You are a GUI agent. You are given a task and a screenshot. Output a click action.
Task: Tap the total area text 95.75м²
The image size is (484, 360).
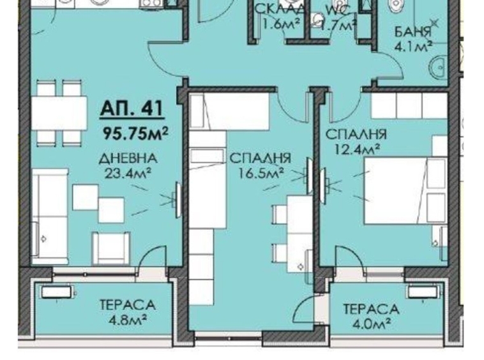tap(135, 133)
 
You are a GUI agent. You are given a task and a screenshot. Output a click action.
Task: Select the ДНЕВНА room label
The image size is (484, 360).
tap(128, 158)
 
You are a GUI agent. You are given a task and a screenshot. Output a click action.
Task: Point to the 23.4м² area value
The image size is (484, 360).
tap(128, 173)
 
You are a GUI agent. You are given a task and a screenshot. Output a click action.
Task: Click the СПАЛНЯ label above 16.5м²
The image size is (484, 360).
tap(261, 158)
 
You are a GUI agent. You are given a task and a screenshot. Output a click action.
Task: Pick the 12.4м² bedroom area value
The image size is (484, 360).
tap(357, 149)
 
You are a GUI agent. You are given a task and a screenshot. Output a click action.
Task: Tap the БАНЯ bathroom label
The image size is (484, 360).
tap(412, 32)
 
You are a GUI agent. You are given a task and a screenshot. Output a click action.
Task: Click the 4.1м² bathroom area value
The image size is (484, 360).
tap(413, 47)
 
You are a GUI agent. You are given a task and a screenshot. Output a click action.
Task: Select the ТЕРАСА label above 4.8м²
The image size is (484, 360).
tap(128, 304)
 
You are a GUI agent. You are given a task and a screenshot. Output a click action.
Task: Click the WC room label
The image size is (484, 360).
tap(337, 10)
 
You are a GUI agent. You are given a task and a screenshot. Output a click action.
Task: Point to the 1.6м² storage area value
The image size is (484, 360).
tap(280, 24)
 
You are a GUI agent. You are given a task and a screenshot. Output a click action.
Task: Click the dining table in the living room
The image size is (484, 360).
tap(59, 112)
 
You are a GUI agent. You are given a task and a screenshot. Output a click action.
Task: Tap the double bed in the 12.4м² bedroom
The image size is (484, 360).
tap(405, 190)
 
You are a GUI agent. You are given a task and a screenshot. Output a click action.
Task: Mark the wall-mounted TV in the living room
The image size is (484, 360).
tap(178, 200)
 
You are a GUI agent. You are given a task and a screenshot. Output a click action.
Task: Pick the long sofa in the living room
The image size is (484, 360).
tap(50, 216)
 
